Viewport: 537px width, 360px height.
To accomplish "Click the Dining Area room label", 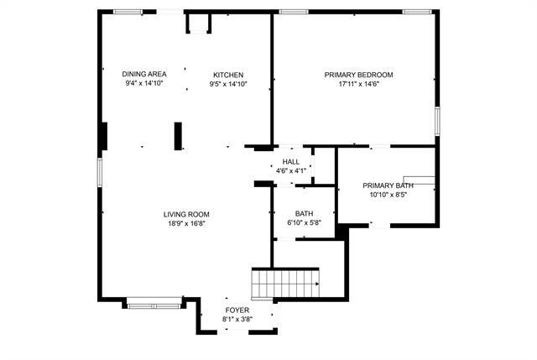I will click(144, 75).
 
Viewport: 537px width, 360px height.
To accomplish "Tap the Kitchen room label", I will click(227, 75).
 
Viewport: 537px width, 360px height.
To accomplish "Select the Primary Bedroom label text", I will click(358, 75).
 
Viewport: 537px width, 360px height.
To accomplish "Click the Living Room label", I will click(186, 214).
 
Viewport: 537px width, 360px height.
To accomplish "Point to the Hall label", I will click(291, 162).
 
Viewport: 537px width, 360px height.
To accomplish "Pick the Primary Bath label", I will click(388, 185).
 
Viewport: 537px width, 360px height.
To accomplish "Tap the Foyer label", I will click(237, 310).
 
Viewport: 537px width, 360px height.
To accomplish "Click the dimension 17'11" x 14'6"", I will click(358, 84).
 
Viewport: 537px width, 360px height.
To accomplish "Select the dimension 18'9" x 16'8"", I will click(186, 223).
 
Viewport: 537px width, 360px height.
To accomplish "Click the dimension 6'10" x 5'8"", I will click(304, 223).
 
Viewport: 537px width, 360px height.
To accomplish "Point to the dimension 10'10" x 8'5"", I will click(388, 195).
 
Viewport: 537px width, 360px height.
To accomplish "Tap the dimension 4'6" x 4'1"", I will click(291, 171).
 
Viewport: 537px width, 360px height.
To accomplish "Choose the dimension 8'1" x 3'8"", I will click(237, 320).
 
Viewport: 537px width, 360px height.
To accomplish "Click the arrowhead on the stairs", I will click(315, 284).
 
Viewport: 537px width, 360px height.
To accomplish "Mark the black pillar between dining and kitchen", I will click(178, 136).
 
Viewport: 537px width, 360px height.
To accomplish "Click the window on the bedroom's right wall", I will click(436, 120).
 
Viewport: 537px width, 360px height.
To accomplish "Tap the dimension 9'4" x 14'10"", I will click(144, 84).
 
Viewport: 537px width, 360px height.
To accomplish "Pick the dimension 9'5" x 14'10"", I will click(227, 84).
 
